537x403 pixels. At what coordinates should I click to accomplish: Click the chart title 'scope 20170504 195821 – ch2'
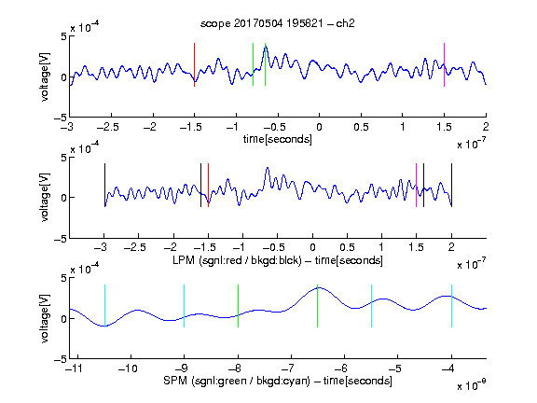pos(278,23)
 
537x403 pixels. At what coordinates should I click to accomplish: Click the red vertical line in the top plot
pos(194,64)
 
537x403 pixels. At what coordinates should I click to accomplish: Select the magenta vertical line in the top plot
pos(444,64)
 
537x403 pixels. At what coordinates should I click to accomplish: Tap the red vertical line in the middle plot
pos(208,186)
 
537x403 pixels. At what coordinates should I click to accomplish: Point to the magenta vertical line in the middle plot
pos(416,186)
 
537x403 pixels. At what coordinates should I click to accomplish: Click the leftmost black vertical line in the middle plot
pos(104,186)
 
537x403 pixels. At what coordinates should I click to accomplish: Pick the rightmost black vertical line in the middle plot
pos(451,186)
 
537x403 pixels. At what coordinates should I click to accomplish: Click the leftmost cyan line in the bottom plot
pos(104,306)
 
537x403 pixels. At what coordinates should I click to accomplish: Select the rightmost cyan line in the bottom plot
pos(451,306)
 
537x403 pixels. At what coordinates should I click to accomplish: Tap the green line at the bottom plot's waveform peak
pos(318,306)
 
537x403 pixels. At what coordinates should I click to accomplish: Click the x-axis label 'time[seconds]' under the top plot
pos(278,139)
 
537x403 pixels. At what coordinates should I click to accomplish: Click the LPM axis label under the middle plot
pos(278,260)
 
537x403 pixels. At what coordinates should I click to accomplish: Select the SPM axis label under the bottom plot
pos(278,381)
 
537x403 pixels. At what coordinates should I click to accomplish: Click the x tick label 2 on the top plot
pos(486,127)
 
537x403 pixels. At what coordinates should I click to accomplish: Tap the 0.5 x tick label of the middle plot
pos(347,247)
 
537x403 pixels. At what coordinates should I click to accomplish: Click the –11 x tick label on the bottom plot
pos(74,368)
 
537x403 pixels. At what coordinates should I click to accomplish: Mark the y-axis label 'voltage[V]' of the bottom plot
pos(45,318)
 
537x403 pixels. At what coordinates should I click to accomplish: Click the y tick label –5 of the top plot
pos(61,118)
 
